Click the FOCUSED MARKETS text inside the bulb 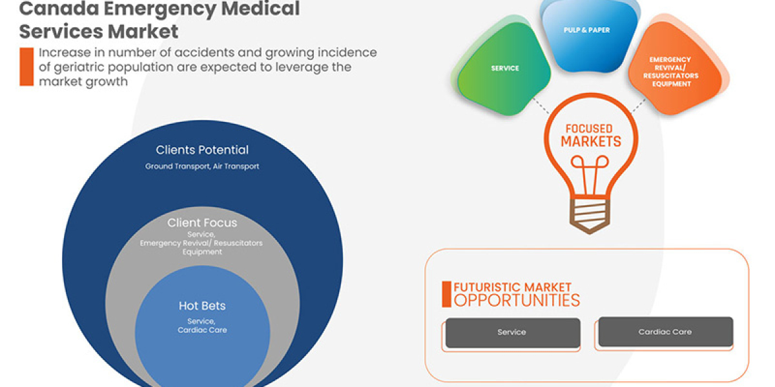590,135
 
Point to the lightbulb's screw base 590,213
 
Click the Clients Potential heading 202,150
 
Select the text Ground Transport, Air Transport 202,166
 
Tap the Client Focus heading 202,223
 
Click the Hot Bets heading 202,306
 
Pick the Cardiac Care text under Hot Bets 202,330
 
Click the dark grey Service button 512,332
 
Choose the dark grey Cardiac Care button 665,332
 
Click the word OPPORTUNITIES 517,301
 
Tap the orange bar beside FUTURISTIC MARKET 446,294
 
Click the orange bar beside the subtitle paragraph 26,67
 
